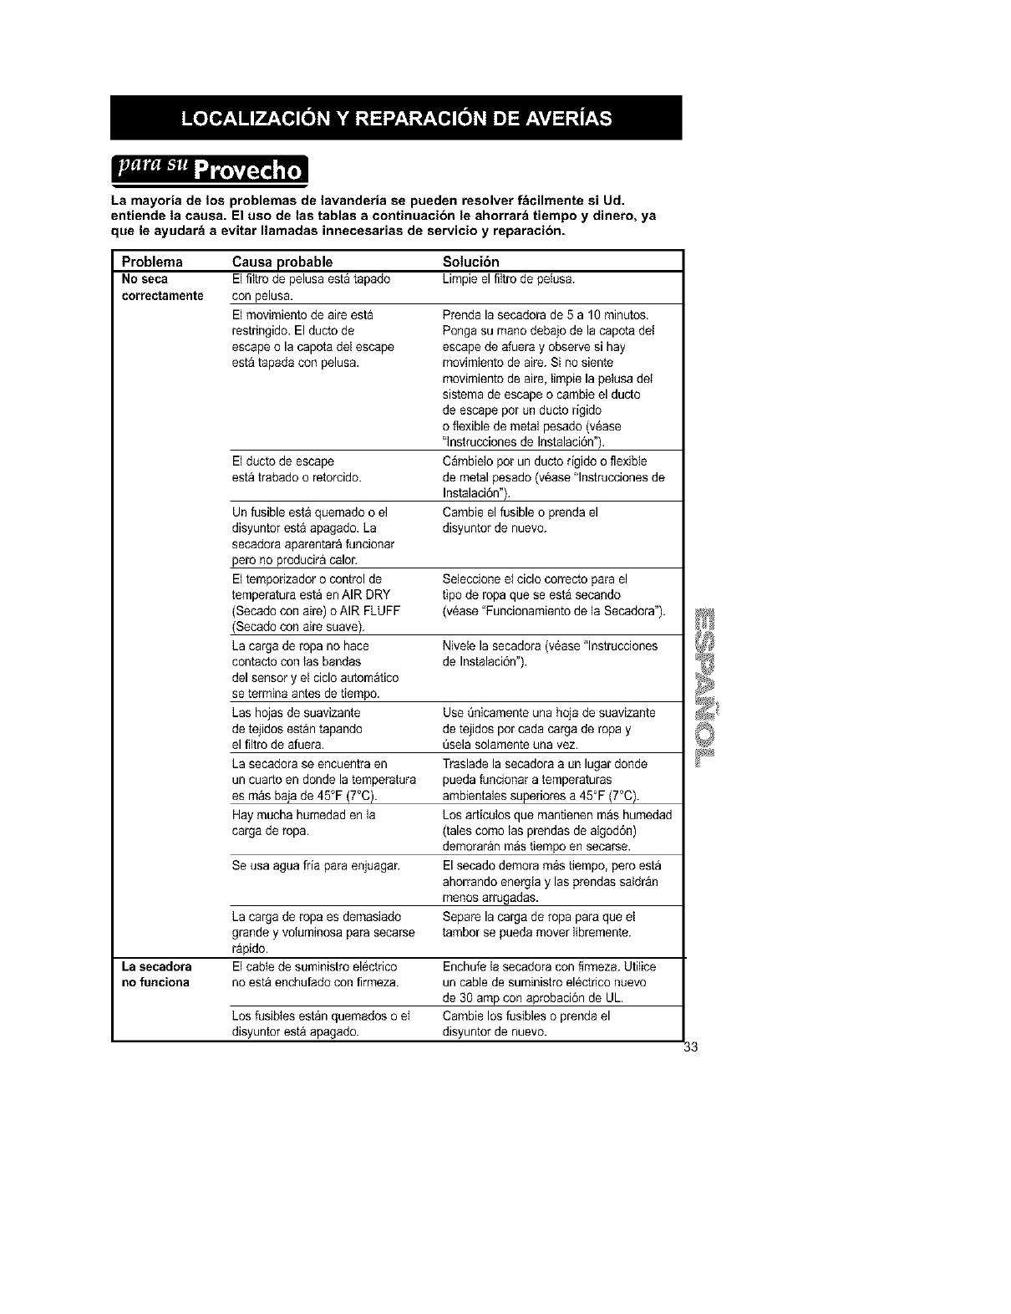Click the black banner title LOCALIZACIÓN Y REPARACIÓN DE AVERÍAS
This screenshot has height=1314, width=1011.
click(x=396, y=118)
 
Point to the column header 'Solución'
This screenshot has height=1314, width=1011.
click(x=470, y=262)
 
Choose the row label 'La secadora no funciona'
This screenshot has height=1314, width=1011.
click(x=156, y=974)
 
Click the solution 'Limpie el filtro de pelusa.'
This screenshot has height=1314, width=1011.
click(x=508, y=278)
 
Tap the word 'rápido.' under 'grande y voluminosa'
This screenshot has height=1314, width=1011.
click(x=249, y=949)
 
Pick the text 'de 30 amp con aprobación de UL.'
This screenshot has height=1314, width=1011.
click(x=532, y=998)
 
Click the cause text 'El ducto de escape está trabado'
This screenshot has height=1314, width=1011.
click(x=296, y=469)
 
